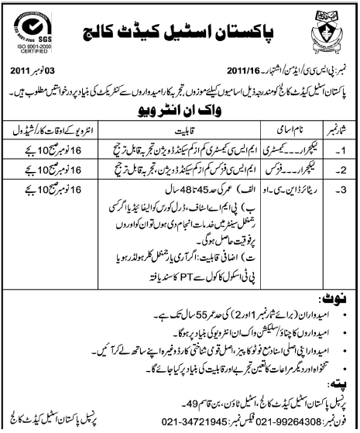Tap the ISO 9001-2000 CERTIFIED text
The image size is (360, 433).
click(x=29, y=61)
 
